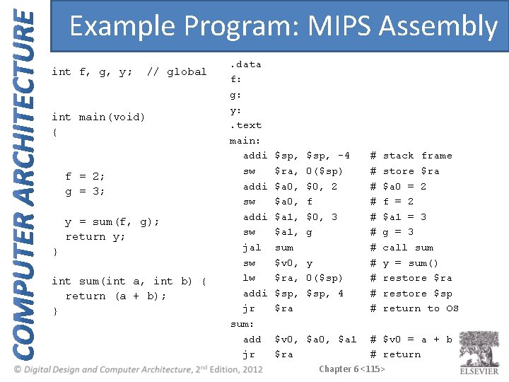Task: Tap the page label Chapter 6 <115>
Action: [x=351, y=369]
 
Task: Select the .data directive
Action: [x=245, y=64]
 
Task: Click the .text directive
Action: [x=245, y=125]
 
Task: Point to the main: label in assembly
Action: [x=245, y=141]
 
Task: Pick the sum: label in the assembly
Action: [x=242, y=324]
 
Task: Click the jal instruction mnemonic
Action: [x=252, y=248]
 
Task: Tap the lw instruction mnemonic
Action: [x=249, y=278]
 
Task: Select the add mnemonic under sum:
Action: [x=252, y=340]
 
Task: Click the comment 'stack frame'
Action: [x=417, y=156]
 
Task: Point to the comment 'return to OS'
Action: [x=421, y=308]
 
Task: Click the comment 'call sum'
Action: [x=408, y=248]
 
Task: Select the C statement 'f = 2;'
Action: [x=85, y=176]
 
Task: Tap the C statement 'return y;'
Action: [x=95, y=237]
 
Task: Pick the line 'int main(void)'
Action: [x=98, y=117]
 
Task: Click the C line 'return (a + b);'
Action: [x=116, y=296]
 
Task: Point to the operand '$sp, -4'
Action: [x=328, y=156]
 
